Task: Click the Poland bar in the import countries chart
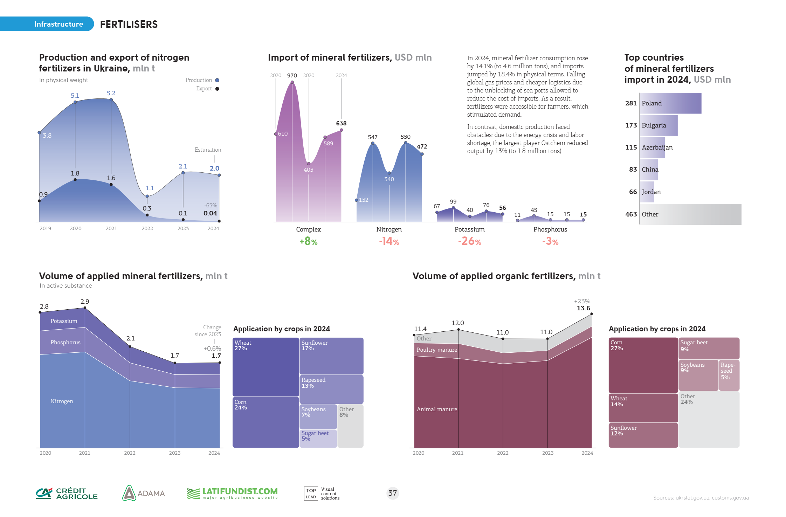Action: tap(670, 103)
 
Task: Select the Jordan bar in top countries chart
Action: tap(647, 192)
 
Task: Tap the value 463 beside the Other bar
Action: tap(631, 214)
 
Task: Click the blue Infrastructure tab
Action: tap(58, 24)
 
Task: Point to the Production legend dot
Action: tap(217, 80)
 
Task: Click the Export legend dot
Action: tap(217, 89)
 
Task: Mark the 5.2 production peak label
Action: tap(111, 93)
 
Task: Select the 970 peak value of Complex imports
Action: tap(292, 76)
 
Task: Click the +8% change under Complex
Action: tap(308, 241)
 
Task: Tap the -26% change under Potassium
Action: tap(469, 241)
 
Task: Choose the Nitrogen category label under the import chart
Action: tap(389, 229)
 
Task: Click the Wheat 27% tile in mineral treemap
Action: tap(266, 367)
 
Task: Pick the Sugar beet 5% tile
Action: tap(318, 438)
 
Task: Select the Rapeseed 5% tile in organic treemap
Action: tap(729, 375)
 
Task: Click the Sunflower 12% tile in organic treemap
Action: tap(643, 435)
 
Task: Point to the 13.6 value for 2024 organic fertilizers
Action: tap(584, 308)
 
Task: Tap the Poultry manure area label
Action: tap(437, 350)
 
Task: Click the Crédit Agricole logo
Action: tap(67, 494)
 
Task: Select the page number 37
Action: tap(393, 493)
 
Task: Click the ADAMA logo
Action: tap(144, 493)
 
